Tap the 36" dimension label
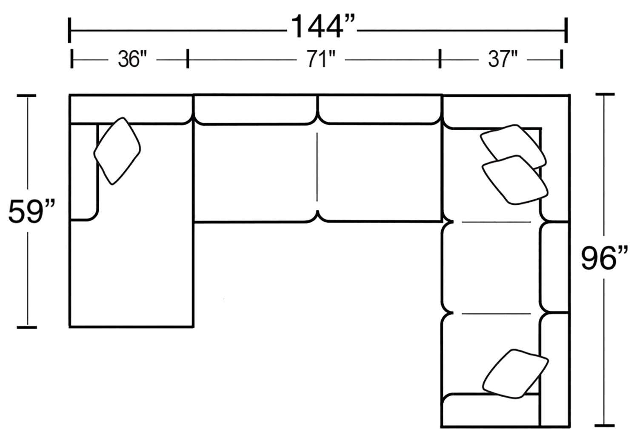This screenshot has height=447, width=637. click(x=130, y=60)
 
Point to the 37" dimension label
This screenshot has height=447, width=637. click(x=502, y=60)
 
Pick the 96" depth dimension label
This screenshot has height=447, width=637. click(x=604, y=258)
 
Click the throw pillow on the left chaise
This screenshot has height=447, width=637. click(x=117, y=151)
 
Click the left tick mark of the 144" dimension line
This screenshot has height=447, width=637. click(x=69, y=31)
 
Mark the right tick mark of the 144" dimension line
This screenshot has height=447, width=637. click(x=566, y=31)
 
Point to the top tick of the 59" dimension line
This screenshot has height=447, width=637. click(x=26, y=97)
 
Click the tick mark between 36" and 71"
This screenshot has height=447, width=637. click(x=187, y=58)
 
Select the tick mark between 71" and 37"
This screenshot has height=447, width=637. click(x=440, y=58)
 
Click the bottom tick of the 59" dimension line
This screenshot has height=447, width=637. click(x=26, y=327)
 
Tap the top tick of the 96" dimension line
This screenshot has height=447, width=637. click(x=604, y=95)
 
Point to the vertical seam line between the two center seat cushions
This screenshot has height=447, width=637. click(x=317, y=170)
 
